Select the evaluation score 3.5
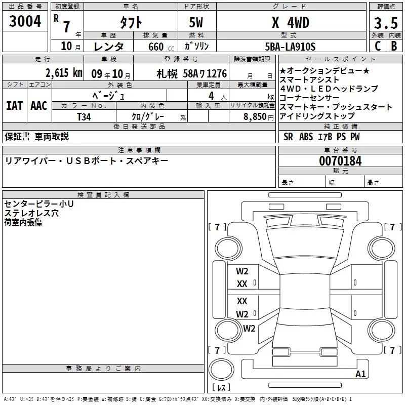coord(385,23)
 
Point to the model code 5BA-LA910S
coord(291,47)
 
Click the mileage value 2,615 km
coord(63,72)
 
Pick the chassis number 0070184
coord(340,161)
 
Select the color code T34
coord(84,116)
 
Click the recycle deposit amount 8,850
coord(254,116)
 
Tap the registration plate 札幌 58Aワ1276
coord(191,73)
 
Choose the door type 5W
coord(196,23)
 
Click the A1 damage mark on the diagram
coord(360,374)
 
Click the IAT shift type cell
coord(14,106)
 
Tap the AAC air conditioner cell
coord(39,106)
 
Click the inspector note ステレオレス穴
coord(31,213)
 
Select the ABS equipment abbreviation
coord(306,137)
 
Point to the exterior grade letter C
coord(377,46)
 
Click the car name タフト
coord(130,23)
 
